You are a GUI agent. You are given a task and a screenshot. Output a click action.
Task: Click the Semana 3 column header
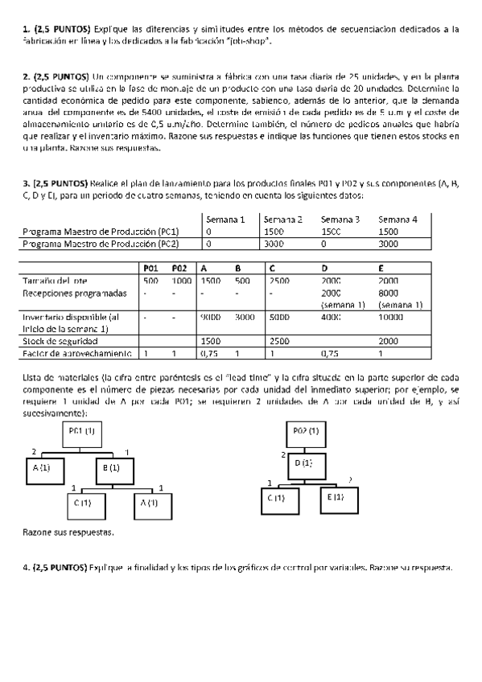[340, 219]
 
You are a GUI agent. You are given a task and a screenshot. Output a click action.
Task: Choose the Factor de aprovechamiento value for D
[329, 353]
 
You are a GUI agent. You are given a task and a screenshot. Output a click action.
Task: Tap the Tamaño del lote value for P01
[150, 281]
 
